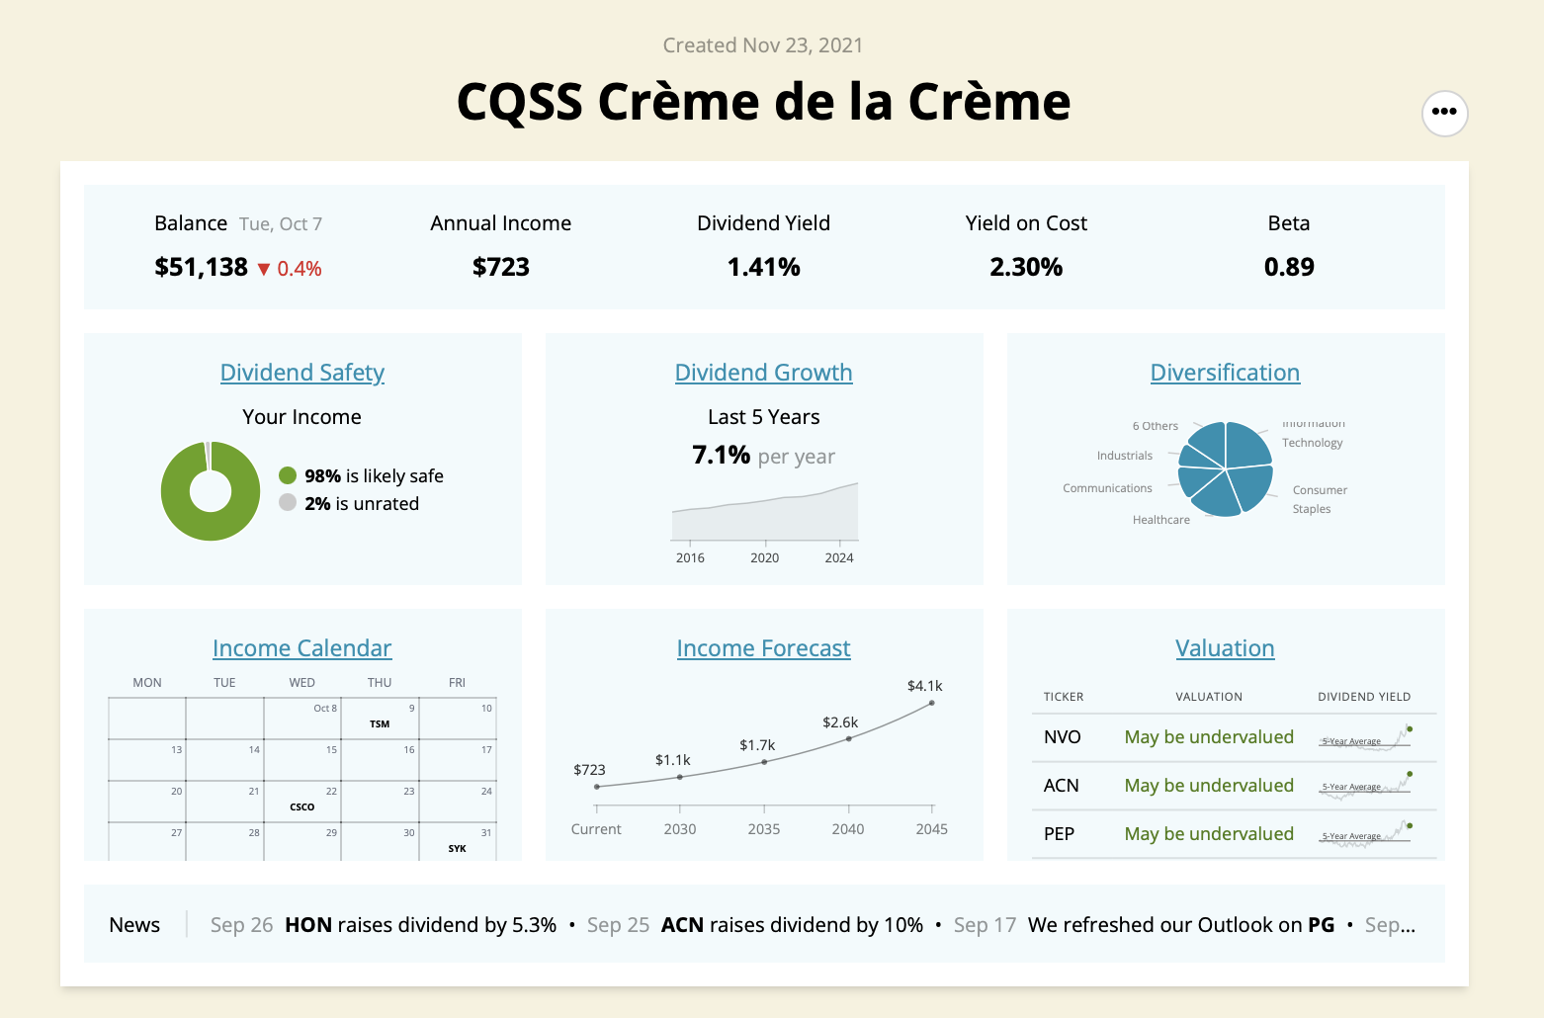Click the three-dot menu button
pyautogui.click(x=1444, y=112)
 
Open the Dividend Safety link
pyautogui.click(x=301, y=373)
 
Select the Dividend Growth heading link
pyautogui.click(x=763, y=373)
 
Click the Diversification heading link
pyautogui.click(x=1225, y=373)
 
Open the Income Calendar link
pyautogui.click(x=301, y=648)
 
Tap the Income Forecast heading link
pyautogui.click(x=763, y=648)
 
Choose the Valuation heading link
pyautogui.click(x=1225, y=648)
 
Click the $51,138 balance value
pyautogui.click(x=201, y=267)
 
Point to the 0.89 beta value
pyautogui.click(x=1289, y=267)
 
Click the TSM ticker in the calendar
pyautogui.click(x=380, y=724)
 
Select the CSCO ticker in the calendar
pyautogui.click(x=302, y=807)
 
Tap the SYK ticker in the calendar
pyautogui.click(x=457, y=849)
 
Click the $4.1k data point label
pyautogui.click(x=924, y=686)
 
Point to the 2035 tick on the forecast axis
pyautogui.click(x=764, y=829)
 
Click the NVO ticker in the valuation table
pyautogui.click(x=1062, y=737)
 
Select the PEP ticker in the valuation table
pyautogui.click(x=1059, y=834)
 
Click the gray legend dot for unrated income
pyautogui.click(x=288, y=502)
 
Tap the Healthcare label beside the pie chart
pyautogui.click(x=1160, y=520)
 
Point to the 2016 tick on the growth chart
pyautogui.click(x=690, y=557)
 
